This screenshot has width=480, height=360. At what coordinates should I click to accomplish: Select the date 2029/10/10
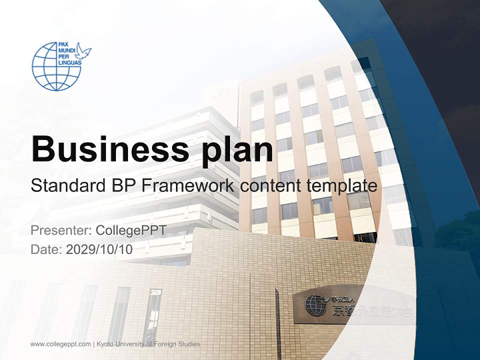[99, 249]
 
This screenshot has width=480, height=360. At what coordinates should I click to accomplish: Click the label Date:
[46, 249]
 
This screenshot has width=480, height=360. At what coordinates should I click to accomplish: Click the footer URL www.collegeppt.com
[60, 344]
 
